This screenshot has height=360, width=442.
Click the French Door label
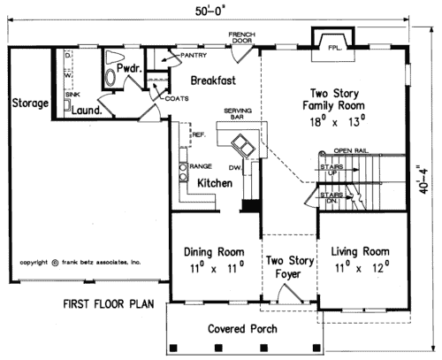241,37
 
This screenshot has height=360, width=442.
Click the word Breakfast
211,80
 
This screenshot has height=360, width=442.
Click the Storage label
30,103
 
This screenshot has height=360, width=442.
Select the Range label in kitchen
200,165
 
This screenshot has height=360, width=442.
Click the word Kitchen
214,183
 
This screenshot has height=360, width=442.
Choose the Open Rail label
350,150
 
